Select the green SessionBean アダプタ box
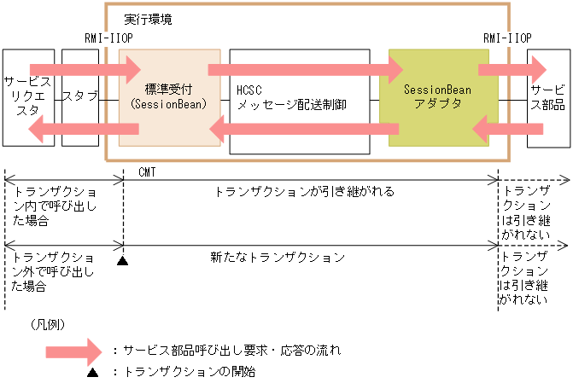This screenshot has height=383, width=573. click(x=436, y=96)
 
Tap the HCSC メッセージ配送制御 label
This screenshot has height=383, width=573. click(x=292, y=96)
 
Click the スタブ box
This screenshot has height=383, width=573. click(x=80, y=96)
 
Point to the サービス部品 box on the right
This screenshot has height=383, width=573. click(x=547, y=96)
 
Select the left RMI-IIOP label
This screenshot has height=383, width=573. click(x=107, y=38)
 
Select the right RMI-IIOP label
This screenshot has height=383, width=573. click(x=506, y=38)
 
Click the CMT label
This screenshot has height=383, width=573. click(x=146, y=171)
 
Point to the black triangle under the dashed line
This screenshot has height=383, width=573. click(x=123, y=260)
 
